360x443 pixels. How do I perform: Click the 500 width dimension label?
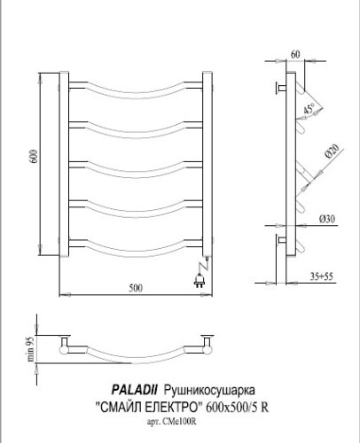pos(135,285)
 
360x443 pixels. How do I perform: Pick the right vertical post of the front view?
pos(207,164)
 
